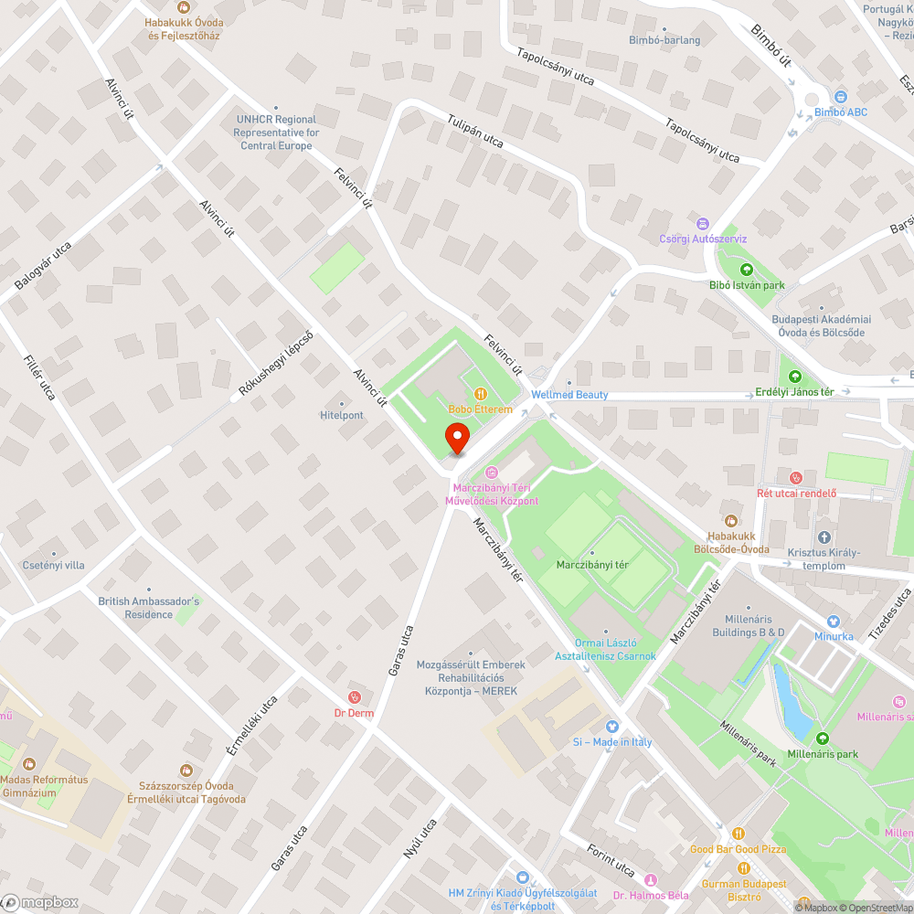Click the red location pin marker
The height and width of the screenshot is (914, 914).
point(457,438)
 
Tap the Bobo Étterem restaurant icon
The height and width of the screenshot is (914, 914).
point(480,394)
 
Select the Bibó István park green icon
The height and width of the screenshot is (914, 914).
point(747,270)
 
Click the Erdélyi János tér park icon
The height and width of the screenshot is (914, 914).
point(795,377)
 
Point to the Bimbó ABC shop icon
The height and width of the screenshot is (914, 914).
point(840,96)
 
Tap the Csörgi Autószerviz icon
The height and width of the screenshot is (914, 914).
point(702,223)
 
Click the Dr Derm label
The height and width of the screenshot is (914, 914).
point(354,713)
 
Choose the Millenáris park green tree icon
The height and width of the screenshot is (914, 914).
point(822,739)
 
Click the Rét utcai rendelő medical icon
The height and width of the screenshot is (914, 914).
point(796,477)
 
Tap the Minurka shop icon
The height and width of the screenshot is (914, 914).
point(833,621)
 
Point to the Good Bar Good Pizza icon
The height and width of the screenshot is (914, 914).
point(737,834)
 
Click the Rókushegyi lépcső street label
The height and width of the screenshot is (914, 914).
point(275,364)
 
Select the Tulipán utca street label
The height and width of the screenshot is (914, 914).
point(475,132)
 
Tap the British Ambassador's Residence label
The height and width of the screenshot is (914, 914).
point(148,608)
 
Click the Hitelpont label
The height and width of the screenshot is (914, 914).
point(342,415)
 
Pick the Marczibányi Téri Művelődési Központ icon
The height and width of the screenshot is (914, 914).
point(492,473)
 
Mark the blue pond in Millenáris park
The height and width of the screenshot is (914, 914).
point(792,699)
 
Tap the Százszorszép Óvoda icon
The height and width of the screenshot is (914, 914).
point(186,771)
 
